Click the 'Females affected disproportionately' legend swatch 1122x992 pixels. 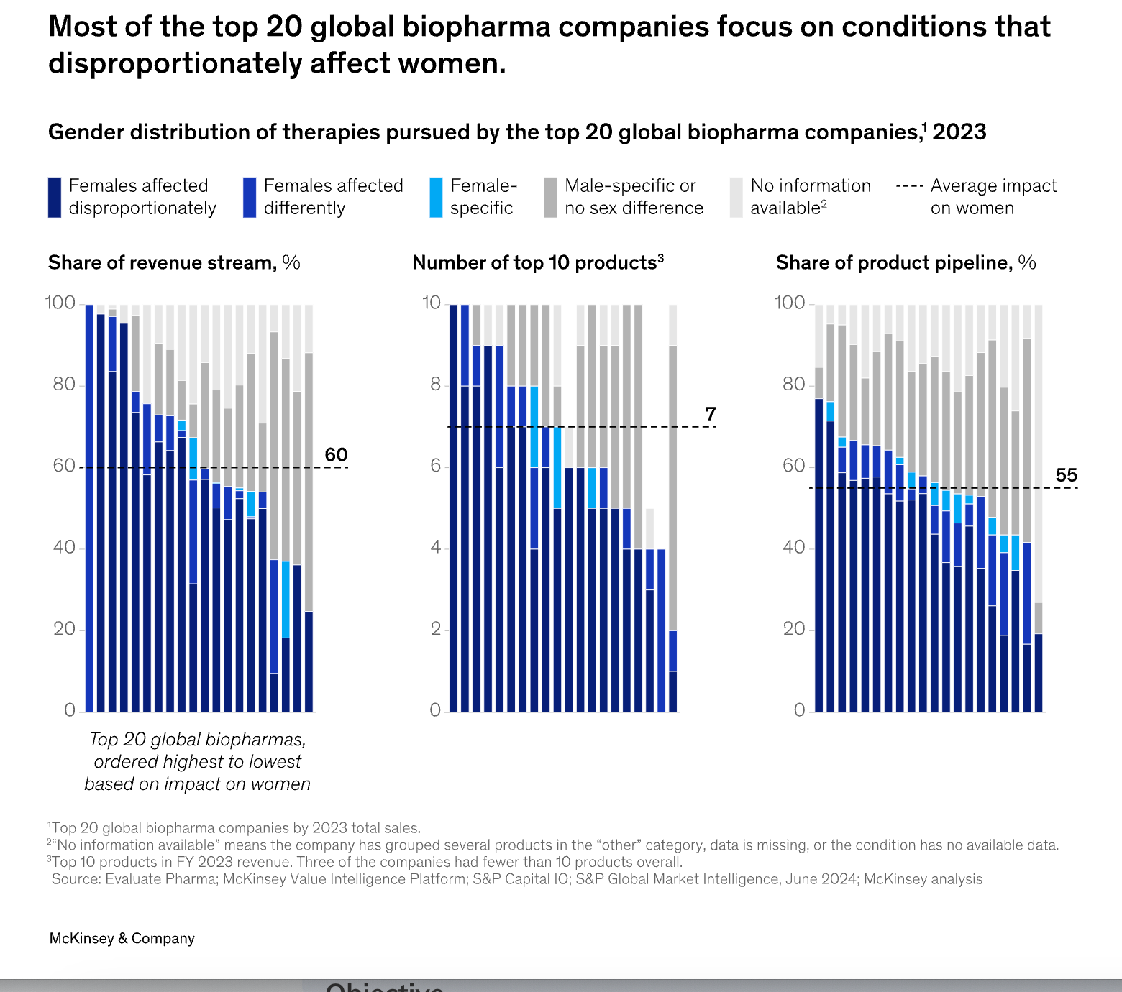tap(55, 197)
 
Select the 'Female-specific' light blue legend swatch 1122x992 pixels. tap(436, 197)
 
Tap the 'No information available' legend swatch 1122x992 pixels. tap(736, 197)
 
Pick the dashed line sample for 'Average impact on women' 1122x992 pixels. tap(909, 187)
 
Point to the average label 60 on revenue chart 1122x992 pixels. tap(336, 455)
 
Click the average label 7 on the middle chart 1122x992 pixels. tap(711, 414)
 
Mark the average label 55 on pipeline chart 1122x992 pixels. tap(1066, 475)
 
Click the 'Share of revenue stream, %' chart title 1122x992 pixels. tap(174, 263)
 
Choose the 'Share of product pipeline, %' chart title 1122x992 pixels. tap(906, 263)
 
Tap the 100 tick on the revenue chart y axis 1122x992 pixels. tap(60, 303)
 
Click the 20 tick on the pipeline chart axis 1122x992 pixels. tap(793, 629)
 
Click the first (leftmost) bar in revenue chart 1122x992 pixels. tap(89, 503)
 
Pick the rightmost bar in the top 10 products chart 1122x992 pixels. tap(672, 503)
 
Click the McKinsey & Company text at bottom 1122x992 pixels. tap(122, 938)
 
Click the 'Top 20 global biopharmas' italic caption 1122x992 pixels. tap(198, 740)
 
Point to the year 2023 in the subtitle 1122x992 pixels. tap(959, 132)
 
